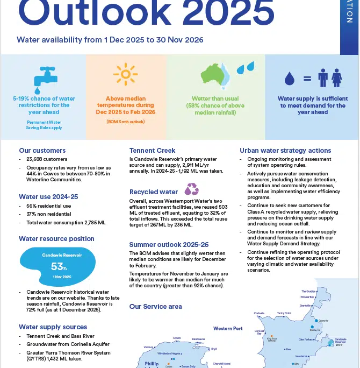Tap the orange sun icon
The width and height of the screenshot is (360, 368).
click(126, 75)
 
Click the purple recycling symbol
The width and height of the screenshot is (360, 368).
click(192, 189)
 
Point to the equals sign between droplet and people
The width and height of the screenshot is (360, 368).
click(307, 79)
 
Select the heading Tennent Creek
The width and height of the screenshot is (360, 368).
click(153, 151)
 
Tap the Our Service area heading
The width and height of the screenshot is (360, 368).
click(156, 307)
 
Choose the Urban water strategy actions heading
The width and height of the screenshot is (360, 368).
click(285, 151)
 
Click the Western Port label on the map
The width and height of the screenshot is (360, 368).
click(228, 328)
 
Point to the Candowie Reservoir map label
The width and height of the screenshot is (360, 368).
click(341, 341)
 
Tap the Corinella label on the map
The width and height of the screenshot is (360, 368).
click(259, 313)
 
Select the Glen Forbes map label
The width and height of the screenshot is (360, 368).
click(306, 339)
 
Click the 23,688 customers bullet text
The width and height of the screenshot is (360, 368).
click(47, 159)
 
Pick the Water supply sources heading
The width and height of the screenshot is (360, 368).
click(53, 327)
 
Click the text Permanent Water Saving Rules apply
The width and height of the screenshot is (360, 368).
click(44, 125)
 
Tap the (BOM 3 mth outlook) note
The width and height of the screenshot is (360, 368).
click(126, 122)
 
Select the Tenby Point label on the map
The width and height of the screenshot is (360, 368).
click(284, 313)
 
